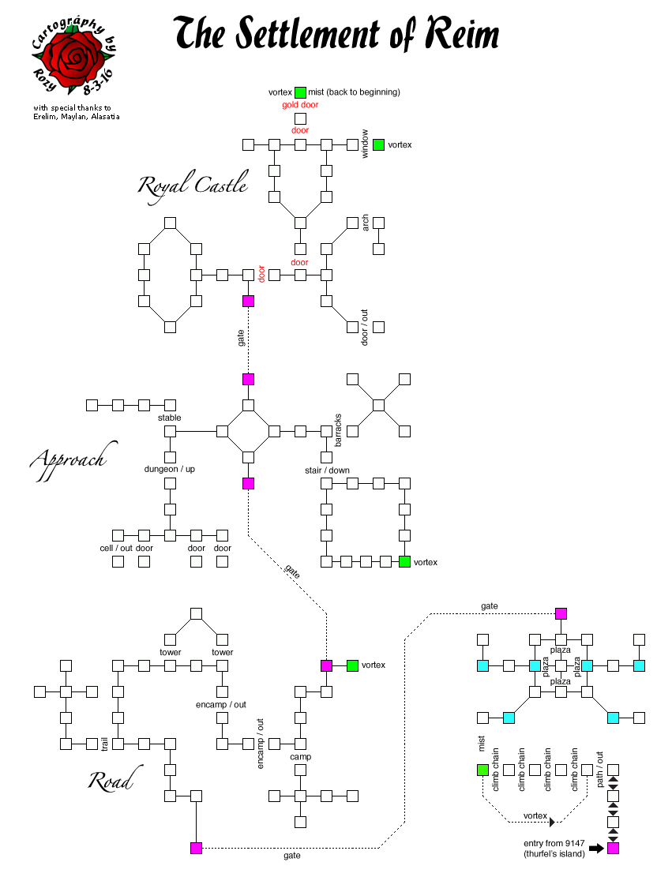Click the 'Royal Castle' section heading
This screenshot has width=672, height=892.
[x=193, y=186]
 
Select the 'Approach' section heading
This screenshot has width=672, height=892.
[x=68, y=460]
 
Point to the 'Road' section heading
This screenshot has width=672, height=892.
[x=110, y=781]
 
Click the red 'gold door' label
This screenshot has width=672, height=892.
[x=300, y=105]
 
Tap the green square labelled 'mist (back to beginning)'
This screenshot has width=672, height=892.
[x=300, y=92]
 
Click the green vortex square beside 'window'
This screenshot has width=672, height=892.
[x=378, y=144]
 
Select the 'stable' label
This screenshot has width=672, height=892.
[x=169, y=418]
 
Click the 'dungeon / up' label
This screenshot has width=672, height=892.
[x=169, y=469]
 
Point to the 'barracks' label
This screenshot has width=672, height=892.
[x=338, y=430]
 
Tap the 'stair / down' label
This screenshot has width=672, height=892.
[x=327, y=470]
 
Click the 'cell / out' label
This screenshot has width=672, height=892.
[x=117, y=548]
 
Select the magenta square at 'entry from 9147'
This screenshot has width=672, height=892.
[x=613, y=848]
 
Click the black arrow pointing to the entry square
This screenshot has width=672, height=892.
[x=595, y=849]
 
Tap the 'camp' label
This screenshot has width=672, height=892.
[x=300, y=756]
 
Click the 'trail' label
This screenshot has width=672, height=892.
[x=104, y=744]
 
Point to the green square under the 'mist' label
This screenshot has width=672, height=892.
[x=482, y=770]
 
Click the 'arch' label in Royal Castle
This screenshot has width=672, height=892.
[x=365, y=223]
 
